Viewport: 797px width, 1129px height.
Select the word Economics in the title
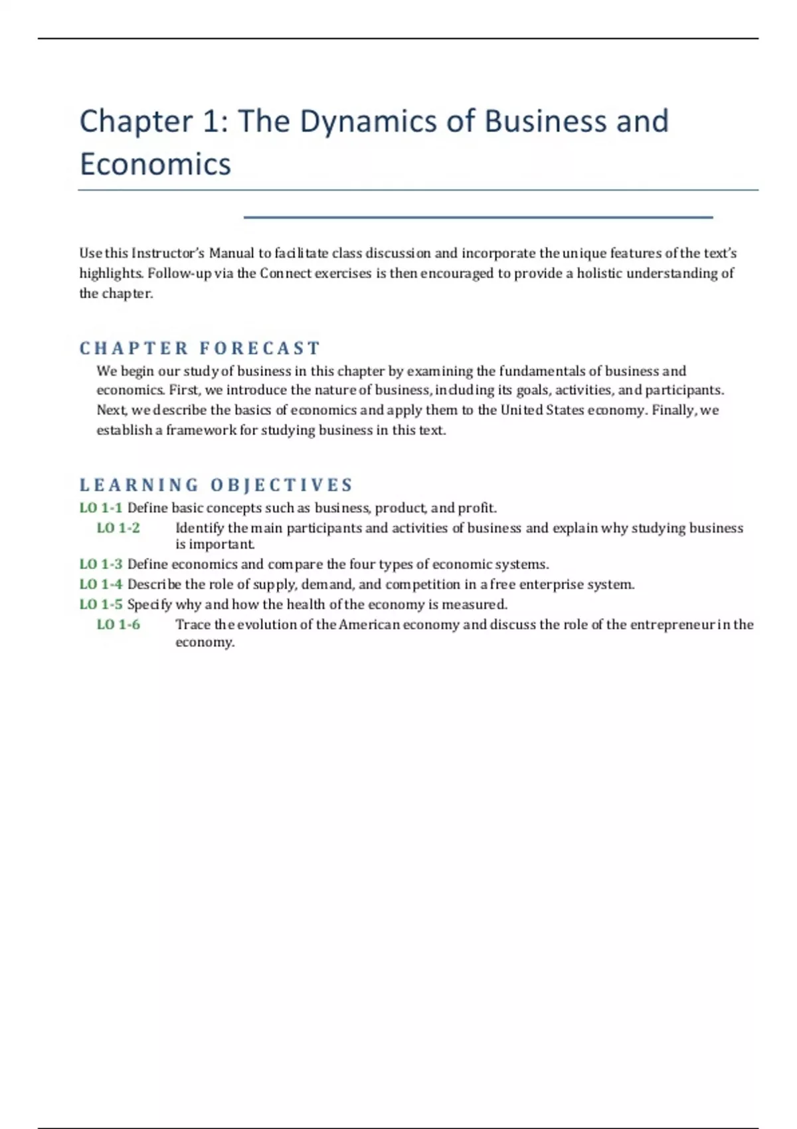(155, 165)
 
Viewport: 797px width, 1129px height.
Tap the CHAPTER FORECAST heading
(200, 348)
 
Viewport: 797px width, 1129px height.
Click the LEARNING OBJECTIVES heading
(217, 485)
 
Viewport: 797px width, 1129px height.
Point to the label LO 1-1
(101, 508)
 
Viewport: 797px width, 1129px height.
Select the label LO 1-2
(118, 528)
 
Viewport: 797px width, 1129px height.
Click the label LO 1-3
(101, 564)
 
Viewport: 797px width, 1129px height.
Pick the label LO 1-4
(101, 584)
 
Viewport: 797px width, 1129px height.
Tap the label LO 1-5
(101, 604)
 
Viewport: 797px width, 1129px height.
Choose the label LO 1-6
(118, 624)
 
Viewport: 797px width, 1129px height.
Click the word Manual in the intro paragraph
(232, 253)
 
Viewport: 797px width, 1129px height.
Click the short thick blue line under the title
(478, 217)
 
